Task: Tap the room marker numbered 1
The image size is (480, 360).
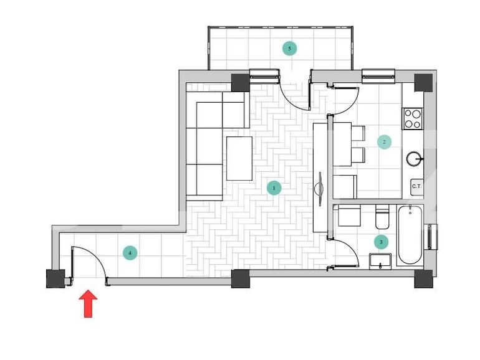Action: (x=273, y=187)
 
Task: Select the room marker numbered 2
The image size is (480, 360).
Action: (x=384, y=142)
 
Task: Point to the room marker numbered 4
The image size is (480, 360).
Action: (x=130, y=253)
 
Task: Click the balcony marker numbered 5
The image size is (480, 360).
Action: (x=289, y=48)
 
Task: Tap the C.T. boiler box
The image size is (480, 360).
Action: (x=416, y=186)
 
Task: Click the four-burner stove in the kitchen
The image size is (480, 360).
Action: (x=413, y=118)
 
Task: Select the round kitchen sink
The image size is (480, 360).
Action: (x=415, y=158)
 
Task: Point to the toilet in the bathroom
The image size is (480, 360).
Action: (x=382, y=218)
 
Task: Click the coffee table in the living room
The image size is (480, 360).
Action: (x=239, y=158)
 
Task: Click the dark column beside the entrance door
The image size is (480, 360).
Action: (x=55, y=278)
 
